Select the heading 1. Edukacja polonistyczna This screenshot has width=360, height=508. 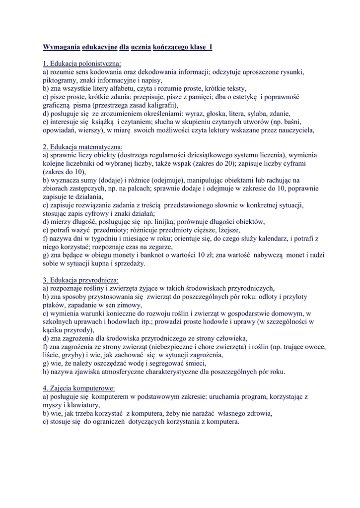82,63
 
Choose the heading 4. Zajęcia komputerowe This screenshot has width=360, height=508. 79,388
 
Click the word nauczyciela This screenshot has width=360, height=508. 293,130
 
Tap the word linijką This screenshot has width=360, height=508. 175,222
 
